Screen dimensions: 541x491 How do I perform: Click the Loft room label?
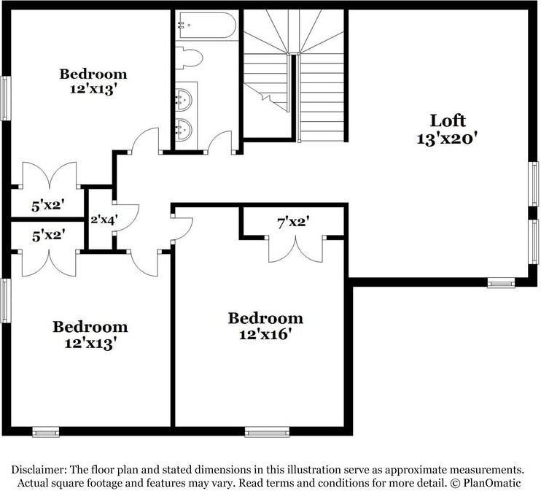pyautogui.click(x=448, y=121)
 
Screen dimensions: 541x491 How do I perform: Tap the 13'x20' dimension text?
pyautogui.click(x=447, y=139)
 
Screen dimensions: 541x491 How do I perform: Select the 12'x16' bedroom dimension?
pyautogui.click(x=265, y=334)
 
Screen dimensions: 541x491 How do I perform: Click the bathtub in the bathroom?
pyautogui.click(x=206, y=26)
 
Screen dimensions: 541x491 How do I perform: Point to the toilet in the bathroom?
pyautogui.click(x=188, y=58)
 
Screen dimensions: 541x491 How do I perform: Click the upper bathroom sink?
pyautogui.click(x=184, y=100)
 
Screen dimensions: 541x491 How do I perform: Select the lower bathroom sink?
pyautogui.click(x=184, y=129)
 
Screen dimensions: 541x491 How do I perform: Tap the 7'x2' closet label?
pyautogui.click(x=293, y=223)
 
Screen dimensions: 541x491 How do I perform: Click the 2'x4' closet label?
pyautogui.click(x=104, y=220)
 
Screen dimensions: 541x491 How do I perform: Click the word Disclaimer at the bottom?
pyautogui.click(x=39, y=470)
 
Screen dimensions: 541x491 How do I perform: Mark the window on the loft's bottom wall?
pyautogui.click(x=501, y=284)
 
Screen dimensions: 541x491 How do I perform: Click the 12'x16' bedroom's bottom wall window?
pyautogui.click(x=267, y=432)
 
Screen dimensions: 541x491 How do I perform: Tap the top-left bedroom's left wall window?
pyautogui.click(x=5, y=98)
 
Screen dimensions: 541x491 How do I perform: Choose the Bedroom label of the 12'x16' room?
pyautogui.click(x=265, y=318)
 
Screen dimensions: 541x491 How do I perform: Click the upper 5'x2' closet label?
pyautogui.click(x=48, y=206)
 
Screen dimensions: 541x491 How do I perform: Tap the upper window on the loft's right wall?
pyautogui.click(x=534, y=184)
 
